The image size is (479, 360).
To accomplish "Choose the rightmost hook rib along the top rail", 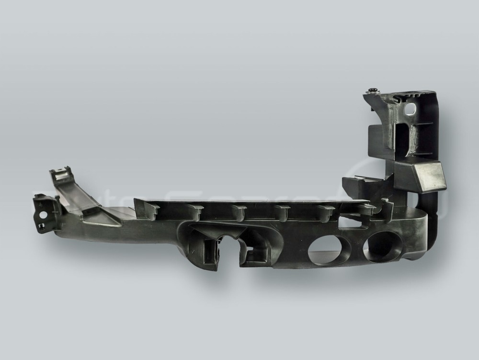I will [x=366, y=210].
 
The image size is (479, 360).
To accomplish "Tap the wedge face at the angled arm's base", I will [x=103, y=218].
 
